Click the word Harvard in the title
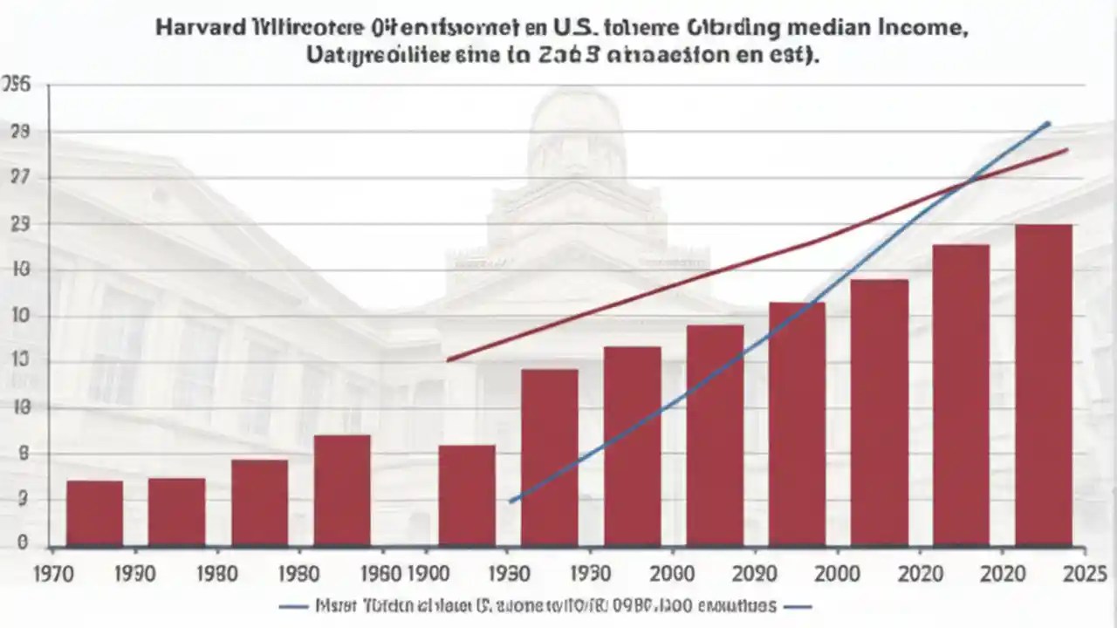(198, 27)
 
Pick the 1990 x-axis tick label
(134, 573)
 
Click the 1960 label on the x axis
(380, 573)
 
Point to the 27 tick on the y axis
(19, 178)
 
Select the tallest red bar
(1043, 384)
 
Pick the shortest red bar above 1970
(94, 513)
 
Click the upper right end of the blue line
(1048, 124)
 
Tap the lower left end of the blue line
(511, 501)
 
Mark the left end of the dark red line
(448, 359)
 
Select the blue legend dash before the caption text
(293, 606)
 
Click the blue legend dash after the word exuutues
(798, 606)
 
